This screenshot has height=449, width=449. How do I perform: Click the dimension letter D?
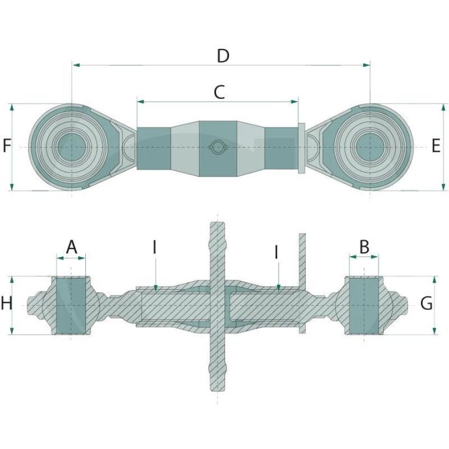pyautogui.click(x=223, y=56)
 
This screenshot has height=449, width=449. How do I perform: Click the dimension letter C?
pyautogui.click(x=219, y=92)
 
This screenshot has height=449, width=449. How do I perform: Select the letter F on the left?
pyautogui.click(x=7, y=145)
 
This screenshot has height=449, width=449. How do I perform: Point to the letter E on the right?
pyautogui.click(x=436, y=146)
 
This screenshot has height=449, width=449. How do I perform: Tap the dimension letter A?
pyautogui.click(x=72, y=247)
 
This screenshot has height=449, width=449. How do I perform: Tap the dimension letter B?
pyautogui.click(x=364, y=247)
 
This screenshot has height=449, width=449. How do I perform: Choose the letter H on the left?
pyautogui.click(x=7, y=303)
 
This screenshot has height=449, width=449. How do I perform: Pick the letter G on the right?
pyautogui.click(x=426, y=303)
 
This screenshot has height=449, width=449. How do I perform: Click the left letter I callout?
pyautogui.click(x=155, y=247)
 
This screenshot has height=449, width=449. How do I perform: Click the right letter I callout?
pyautogui.click(x=277, y=252)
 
